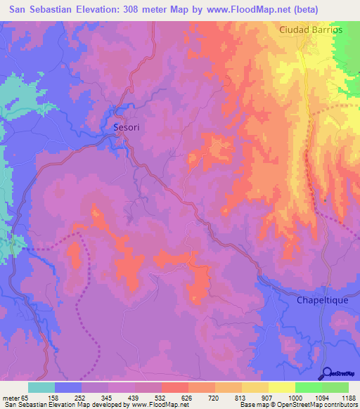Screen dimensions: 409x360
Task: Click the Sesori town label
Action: click(x=128, y=128)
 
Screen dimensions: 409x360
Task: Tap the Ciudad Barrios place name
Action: click(x=310, y=30)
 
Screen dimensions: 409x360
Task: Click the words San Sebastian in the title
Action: click(x=44, y=10)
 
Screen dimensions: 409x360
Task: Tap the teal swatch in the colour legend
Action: click(x=41, y=387)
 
